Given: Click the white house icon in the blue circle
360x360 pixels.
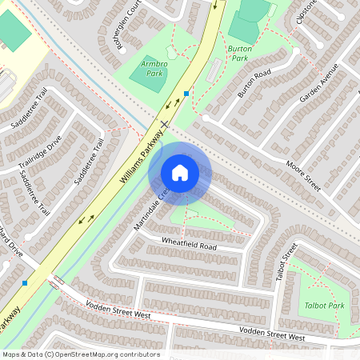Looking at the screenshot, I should click(x=180, y=173).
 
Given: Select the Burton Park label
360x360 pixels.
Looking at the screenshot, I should click(x=240, y=54).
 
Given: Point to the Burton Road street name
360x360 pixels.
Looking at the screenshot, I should click(x=254, y=82).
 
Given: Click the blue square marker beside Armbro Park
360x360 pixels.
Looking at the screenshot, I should click(x=186, y=94).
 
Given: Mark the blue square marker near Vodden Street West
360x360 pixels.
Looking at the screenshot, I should click(x=25, y=282).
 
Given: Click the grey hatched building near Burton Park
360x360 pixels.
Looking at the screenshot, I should click(x=214, y=70).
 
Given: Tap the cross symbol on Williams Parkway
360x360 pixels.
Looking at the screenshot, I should click(x=164, y=124).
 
